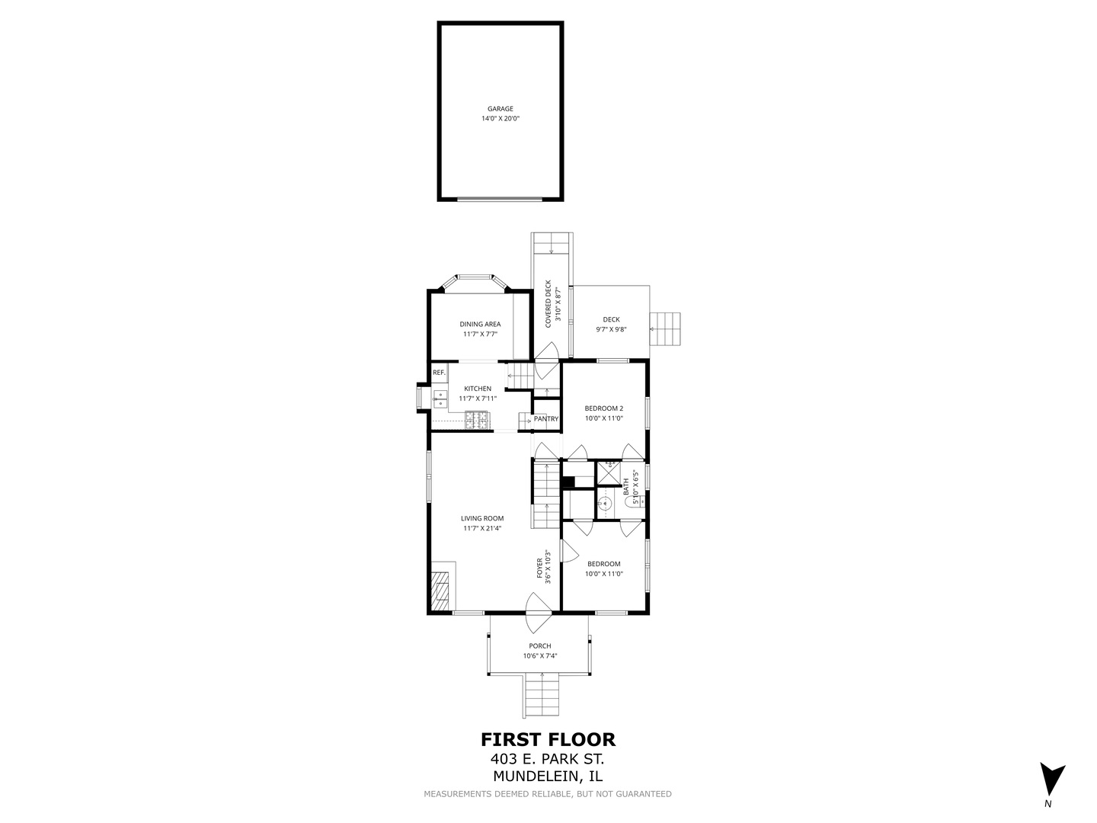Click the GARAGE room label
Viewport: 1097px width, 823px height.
[x=501, y=108]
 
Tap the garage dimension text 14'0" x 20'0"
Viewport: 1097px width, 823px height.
[x=501, y=118]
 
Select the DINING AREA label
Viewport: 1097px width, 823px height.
[x=480, y=324]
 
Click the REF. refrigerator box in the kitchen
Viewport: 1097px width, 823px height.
[x=440, y=373]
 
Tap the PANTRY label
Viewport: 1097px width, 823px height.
[x=545, y=419]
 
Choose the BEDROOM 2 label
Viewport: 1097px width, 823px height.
[x=603, y=408]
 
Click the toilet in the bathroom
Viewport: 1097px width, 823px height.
[x=637, y=500]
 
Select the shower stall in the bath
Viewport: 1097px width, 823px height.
[x=609, y=472]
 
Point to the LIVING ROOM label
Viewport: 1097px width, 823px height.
[x=482, y=518]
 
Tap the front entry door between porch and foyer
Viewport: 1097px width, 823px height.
[x=539, y=612]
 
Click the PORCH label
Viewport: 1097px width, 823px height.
[x=540, y=645]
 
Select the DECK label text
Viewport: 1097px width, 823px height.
[x=611, y=319]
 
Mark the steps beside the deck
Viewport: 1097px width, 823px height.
[x=665, y=328]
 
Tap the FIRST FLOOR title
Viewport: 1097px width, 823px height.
[x=548, y=739]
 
